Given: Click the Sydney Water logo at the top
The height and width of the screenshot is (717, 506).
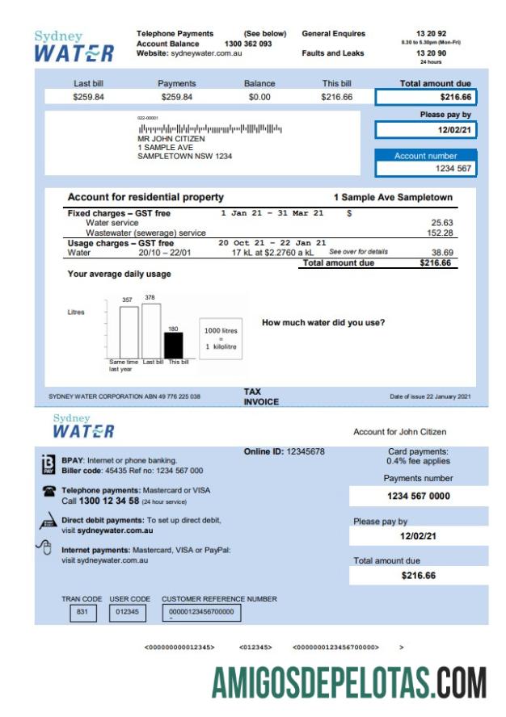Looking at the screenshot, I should [74, 47].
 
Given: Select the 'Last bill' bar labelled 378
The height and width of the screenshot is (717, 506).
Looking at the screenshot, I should [150, 330].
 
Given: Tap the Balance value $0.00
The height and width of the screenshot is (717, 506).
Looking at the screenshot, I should [259, 97].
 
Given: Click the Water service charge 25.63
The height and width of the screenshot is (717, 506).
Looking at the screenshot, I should [442, 223].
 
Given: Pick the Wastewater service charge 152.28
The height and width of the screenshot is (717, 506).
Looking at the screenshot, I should [440, 233].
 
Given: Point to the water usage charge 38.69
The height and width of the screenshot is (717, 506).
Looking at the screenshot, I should [442, 253].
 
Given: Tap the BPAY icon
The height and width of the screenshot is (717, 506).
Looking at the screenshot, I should [48, 463].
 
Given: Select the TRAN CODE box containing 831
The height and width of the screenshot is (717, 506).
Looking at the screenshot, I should [82, 612].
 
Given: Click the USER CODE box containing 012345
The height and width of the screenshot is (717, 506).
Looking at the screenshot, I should [128, 612].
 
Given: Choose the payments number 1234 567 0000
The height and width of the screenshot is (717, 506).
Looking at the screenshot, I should [418, 496].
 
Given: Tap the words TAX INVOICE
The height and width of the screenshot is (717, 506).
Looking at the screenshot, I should [261, 396].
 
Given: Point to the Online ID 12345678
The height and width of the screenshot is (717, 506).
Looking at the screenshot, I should [284, 451].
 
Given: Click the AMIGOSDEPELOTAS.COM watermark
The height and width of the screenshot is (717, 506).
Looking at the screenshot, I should [348, 682].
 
